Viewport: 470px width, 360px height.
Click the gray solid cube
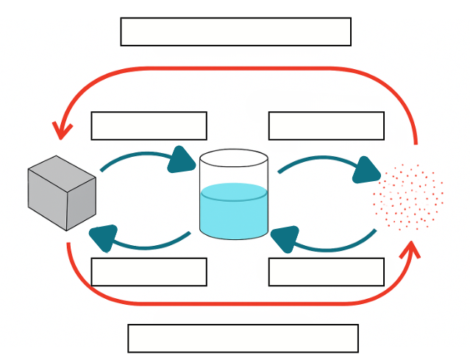62,193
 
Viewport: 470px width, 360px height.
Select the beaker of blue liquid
234,195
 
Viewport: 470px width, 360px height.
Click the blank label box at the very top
235,32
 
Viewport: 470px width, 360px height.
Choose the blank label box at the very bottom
243,338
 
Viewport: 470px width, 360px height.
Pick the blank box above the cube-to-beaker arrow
149,126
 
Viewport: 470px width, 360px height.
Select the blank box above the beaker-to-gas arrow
326,126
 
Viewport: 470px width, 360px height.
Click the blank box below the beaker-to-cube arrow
149,272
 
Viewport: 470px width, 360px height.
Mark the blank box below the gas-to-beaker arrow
326,272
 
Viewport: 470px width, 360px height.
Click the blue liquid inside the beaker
234,213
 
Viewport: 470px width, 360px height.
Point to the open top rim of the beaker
234,158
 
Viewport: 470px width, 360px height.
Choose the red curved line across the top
235,68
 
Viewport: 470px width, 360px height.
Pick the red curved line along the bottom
235,303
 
